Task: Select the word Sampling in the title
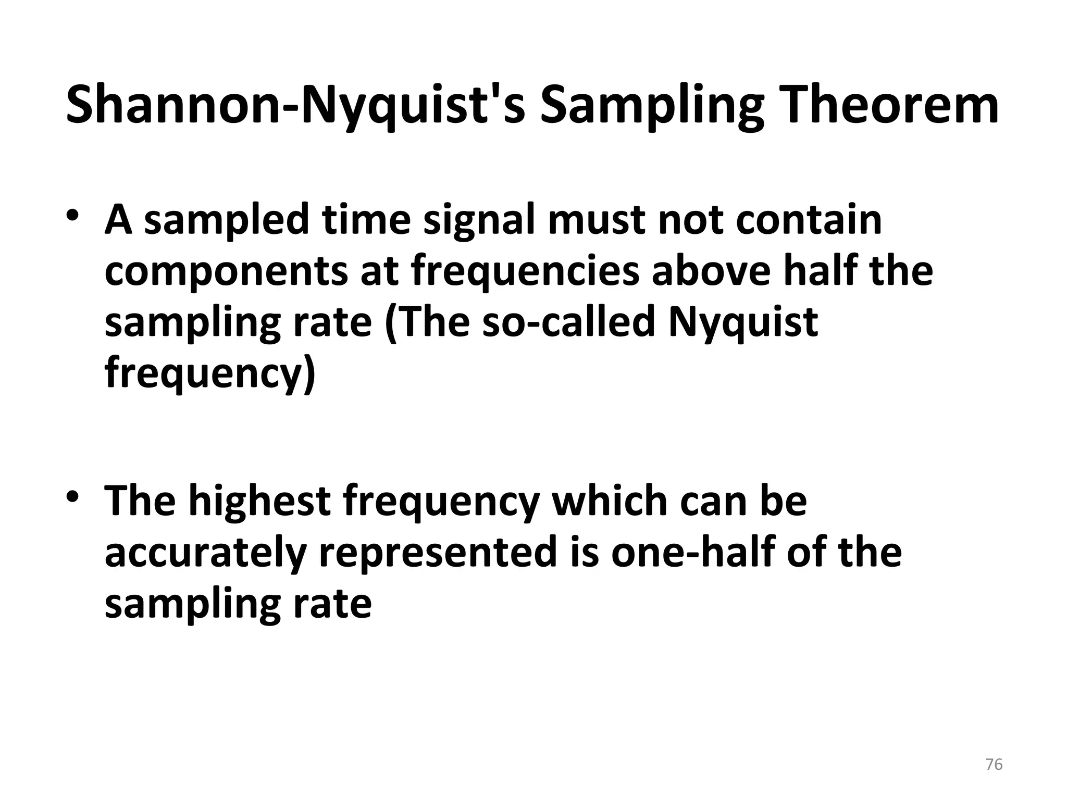click(x=652, y=107)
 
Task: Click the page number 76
click(x=994, y=765)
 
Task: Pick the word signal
click(x=480, y=220)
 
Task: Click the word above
click(x=711, y=271)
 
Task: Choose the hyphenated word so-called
click(x=568, y=322)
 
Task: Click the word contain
click(x=809, y=220)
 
